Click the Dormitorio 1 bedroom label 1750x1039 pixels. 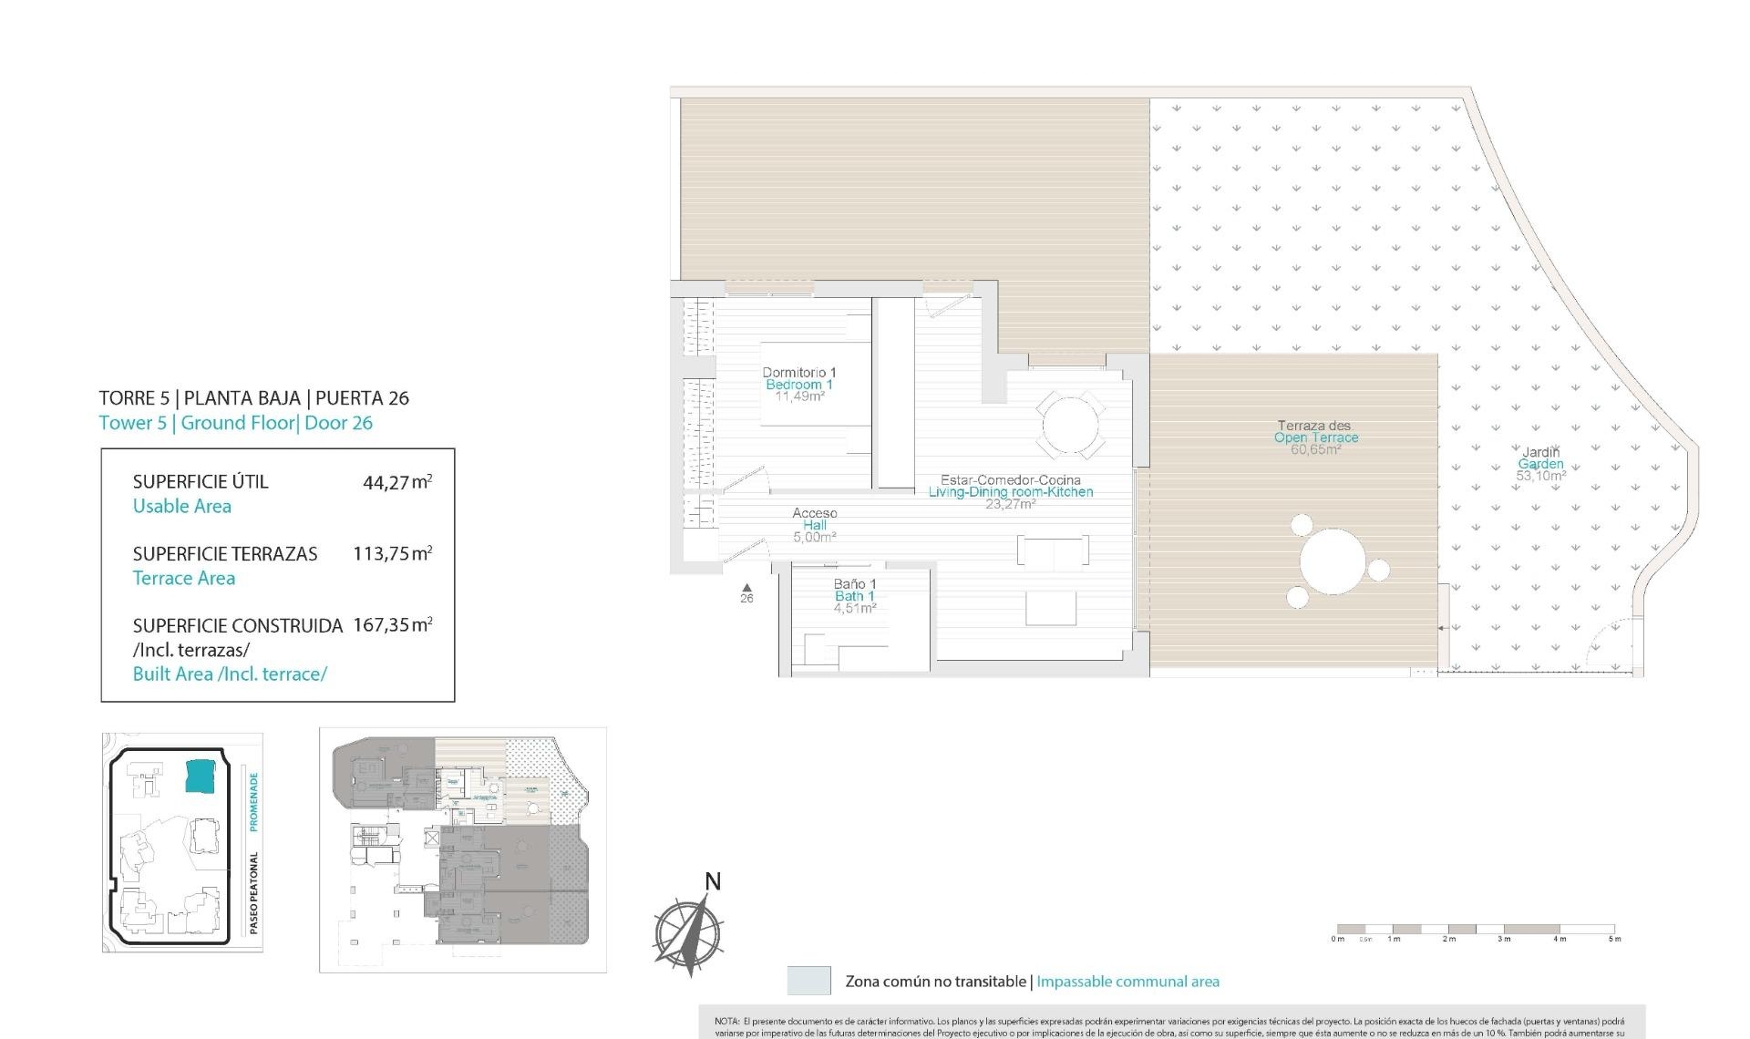(798, 373)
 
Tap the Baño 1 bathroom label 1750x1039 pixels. (854, 584)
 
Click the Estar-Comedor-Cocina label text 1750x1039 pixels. (1010, 479)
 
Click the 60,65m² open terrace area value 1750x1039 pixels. (1315, 449)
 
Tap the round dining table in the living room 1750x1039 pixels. (1070, 425)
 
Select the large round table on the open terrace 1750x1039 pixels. (1333, 561)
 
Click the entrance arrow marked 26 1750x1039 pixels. (746, 589)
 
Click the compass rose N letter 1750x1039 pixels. (713, 881)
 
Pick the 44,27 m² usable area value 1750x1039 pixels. (396, 482)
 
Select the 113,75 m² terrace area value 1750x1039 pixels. (392, 553)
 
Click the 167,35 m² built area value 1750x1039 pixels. (392, 625)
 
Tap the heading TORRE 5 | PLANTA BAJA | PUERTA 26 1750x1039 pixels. (253, 397)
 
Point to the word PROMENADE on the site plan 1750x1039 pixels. (253, 802)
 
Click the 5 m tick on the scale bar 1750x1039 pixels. (1615, 939)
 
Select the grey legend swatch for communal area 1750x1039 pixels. (808, 981)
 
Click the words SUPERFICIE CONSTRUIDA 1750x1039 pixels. (237, 626)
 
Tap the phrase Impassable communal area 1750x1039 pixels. (1127, 982)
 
